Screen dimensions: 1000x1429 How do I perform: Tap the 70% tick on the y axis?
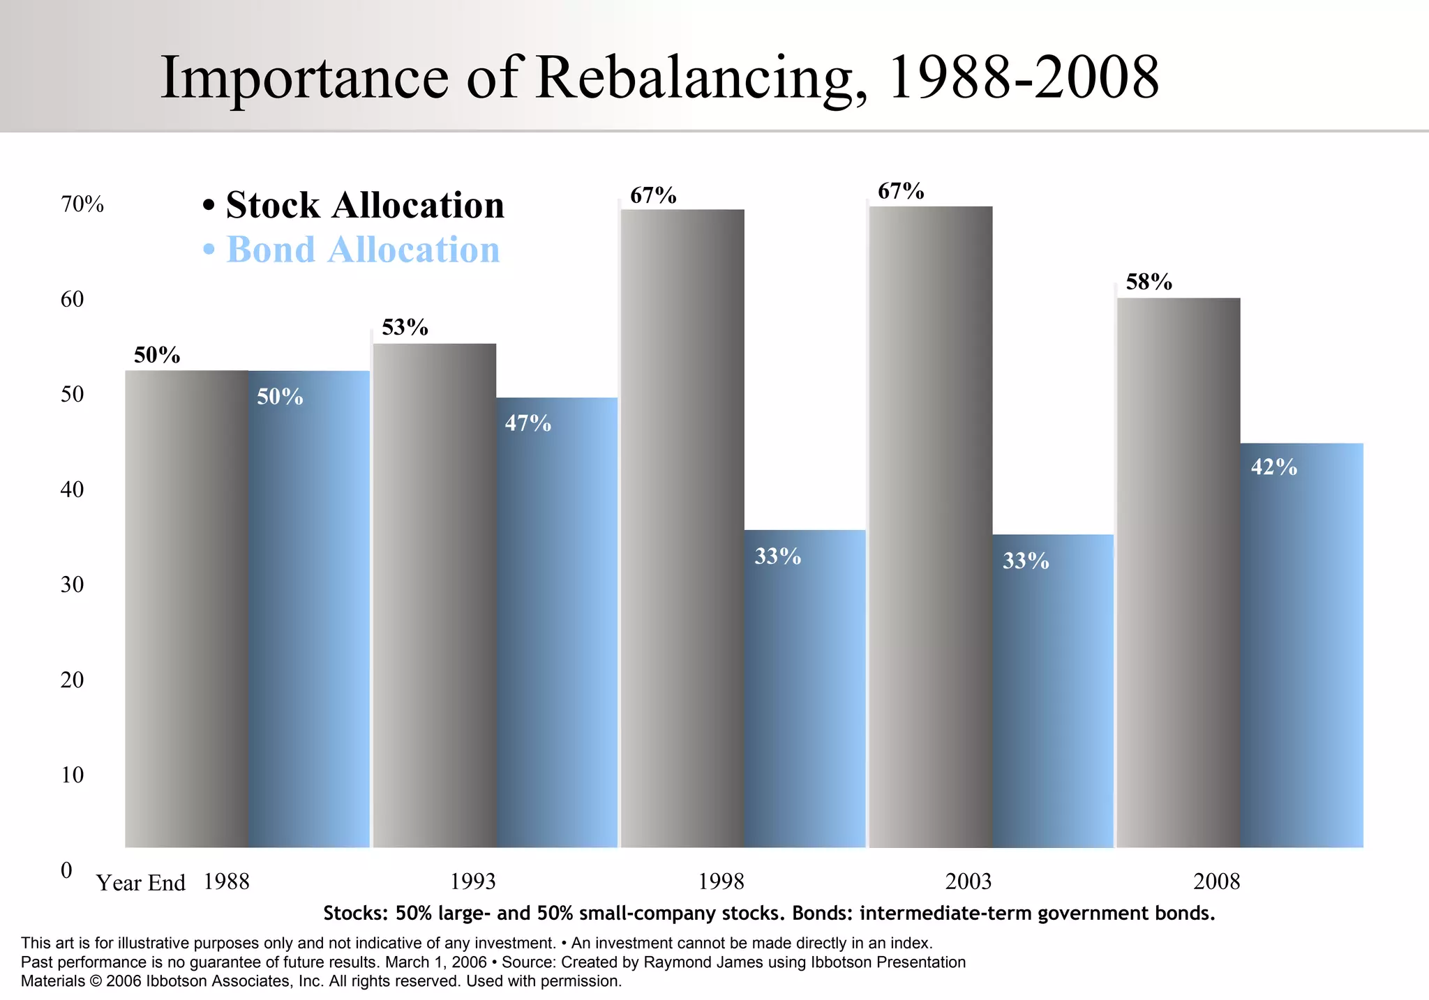82,204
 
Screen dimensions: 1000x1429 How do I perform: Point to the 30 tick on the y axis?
72,584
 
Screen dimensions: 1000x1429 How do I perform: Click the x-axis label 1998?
721,881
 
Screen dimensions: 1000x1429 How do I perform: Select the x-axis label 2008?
1216,881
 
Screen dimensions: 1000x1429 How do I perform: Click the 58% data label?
1149,282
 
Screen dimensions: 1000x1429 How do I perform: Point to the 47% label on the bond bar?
528,423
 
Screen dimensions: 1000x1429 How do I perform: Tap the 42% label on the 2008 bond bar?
1273,467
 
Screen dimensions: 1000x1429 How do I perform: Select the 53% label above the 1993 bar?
405,327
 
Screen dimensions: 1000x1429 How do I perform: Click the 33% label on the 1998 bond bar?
777,556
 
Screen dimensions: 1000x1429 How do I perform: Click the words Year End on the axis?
140,883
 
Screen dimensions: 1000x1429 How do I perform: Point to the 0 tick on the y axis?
66,870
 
